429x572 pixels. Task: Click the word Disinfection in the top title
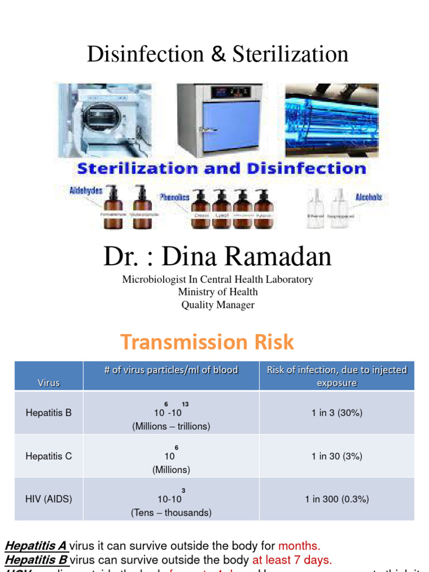145,54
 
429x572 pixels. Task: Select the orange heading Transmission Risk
207,342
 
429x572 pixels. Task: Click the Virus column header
49,383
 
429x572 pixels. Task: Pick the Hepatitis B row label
49,413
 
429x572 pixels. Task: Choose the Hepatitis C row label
49,456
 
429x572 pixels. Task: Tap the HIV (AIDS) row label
49,499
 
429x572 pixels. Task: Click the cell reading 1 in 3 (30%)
337,413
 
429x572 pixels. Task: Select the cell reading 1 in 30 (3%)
337,456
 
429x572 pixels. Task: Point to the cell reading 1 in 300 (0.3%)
337,499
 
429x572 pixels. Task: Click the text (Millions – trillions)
171,426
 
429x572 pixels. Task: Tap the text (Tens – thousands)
171,512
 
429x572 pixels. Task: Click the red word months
299,546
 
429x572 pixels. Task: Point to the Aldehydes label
86,190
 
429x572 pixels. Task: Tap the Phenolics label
174,197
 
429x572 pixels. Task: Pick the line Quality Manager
218,305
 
